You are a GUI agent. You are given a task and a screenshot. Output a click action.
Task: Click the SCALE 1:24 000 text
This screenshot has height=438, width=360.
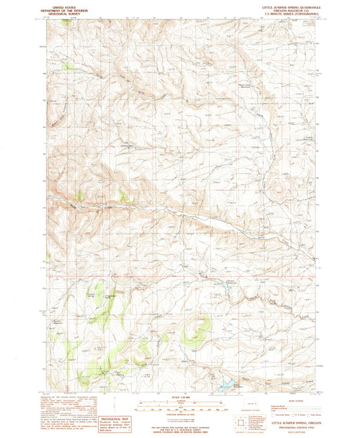point(180,398)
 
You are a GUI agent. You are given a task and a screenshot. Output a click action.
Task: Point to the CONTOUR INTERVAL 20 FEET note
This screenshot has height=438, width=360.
point(180,415)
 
